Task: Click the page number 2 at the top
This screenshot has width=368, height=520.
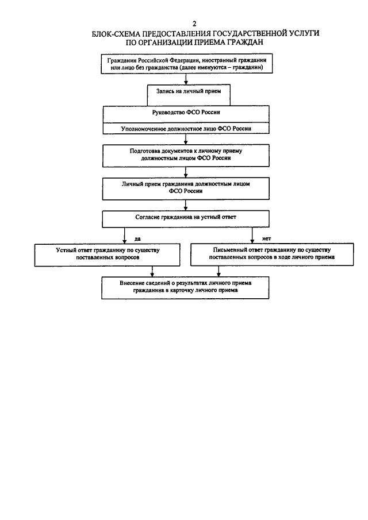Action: click(194, 24)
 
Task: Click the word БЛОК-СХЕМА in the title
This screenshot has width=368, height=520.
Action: click(114, 33)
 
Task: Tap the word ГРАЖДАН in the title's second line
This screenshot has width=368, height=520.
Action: click(245, 42)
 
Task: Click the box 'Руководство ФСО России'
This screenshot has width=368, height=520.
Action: click(186, 114)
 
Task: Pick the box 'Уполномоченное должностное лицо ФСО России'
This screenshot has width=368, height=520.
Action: click(186, 129)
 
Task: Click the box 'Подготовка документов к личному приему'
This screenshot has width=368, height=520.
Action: click(186, 156)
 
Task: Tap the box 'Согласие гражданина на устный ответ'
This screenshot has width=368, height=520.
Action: click(186, 219)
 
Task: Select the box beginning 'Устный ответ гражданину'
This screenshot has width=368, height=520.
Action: click(107, 255)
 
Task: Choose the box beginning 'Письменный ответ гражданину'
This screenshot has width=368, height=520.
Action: click(272, 255)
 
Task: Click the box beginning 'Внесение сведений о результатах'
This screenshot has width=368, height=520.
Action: click(185, 288)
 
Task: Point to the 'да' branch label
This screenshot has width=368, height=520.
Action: click(137, 238)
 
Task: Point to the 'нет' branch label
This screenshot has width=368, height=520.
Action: click(266, 238)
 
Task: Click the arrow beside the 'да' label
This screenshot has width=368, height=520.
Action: click(124, 236)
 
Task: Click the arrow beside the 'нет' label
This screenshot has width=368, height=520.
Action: click(252, 235)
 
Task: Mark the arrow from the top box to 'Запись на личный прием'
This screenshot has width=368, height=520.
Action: click(186, 79)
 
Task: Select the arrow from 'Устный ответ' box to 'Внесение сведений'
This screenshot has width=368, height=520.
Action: click(152, 271)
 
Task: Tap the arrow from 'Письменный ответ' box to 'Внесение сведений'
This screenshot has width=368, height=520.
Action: click(218, 271)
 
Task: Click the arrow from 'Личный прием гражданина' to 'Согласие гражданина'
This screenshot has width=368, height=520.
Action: click(186, 205)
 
